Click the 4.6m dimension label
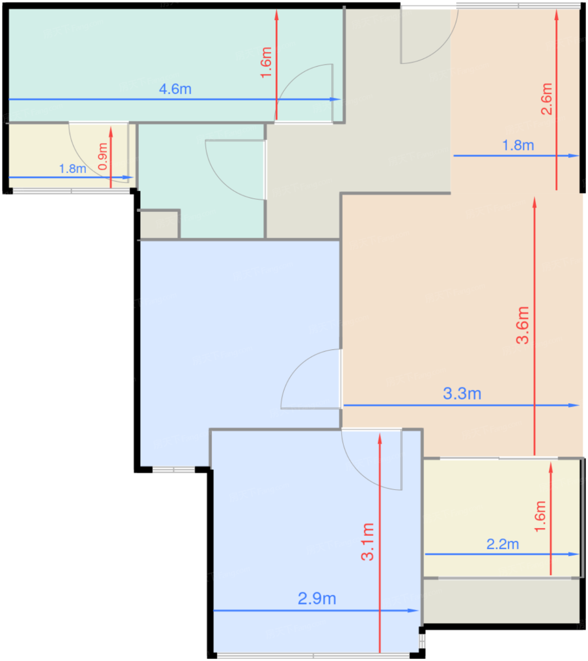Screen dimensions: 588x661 [x=175, y=89]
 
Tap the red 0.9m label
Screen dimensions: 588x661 [x=103, y=156]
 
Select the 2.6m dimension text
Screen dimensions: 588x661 [x=546, y=99]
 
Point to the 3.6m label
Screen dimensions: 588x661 [x=522, y=325]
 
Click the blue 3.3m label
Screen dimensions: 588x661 [x=462, y=393]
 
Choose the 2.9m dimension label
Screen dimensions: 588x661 [x=317, y=598]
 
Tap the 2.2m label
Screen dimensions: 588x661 [x=503, y=544]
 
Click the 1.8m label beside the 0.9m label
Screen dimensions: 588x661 [x=72, y=169]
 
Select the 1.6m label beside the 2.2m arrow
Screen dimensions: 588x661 [x=540, y=517]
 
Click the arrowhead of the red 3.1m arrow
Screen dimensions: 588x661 [x=380, y=439]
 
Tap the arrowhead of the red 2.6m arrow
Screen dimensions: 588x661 [x=556, y=15]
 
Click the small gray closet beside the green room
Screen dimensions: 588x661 [x=159, y=224]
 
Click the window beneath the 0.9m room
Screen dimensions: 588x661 [x=71, y=191]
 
